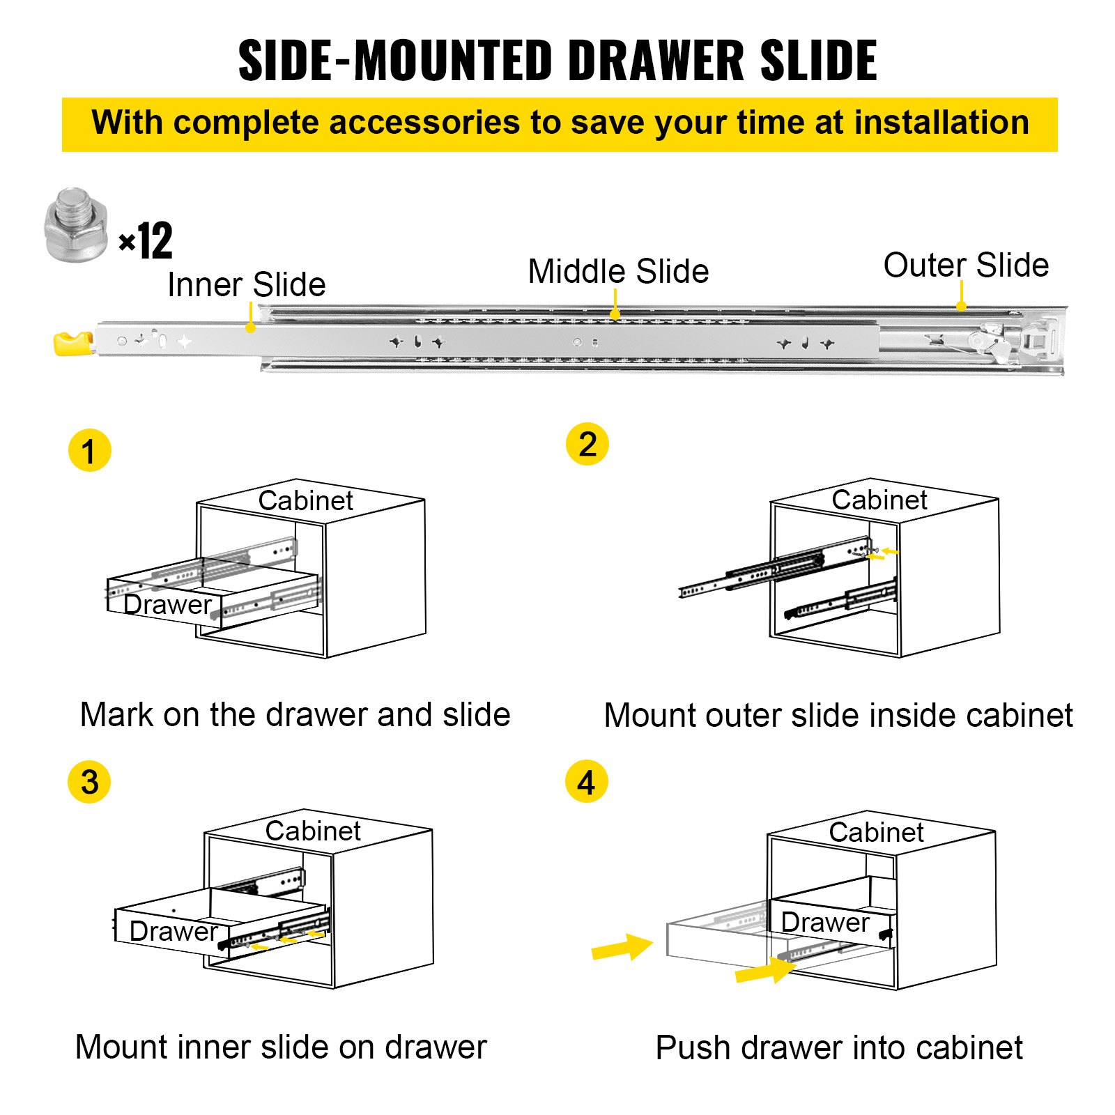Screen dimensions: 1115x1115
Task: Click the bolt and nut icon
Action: pyautogui.click(x=75, y=225)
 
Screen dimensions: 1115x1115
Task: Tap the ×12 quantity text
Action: pyautogui.click(x=146, y=242)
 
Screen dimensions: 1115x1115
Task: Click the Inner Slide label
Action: pyautogui.click(x=246, y=284)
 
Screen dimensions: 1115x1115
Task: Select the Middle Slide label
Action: pyautogui.click(x=618, y=271)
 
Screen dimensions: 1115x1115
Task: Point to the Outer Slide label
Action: pyautogui.click(x=966, y=266)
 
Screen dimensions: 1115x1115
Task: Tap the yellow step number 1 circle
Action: pyautogui.click(x=89, y=450)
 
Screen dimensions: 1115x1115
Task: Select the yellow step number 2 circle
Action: pyautogui.click(x=587, y=444)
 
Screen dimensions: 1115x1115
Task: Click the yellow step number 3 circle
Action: pyautogui.click(x=89, y=781)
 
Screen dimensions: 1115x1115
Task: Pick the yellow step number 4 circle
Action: pyautogui.click(x=586, y=781)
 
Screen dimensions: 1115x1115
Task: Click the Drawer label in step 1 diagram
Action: pyautogui.click(x=167, y=604)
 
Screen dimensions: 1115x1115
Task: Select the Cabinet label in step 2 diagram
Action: pyautogui.click(x=879, y=500)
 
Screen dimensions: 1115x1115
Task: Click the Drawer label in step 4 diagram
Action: pyautogui.click(x=825, y=922)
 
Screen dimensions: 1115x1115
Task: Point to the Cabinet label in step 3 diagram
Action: pyautogui.click(x=313, y=831)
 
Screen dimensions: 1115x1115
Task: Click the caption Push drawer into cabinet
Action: pyautogui.click(x=839, y=1047)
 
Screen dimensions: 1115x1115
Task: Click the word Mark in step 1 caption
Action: pyautogui.click(x=116, y=715)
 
